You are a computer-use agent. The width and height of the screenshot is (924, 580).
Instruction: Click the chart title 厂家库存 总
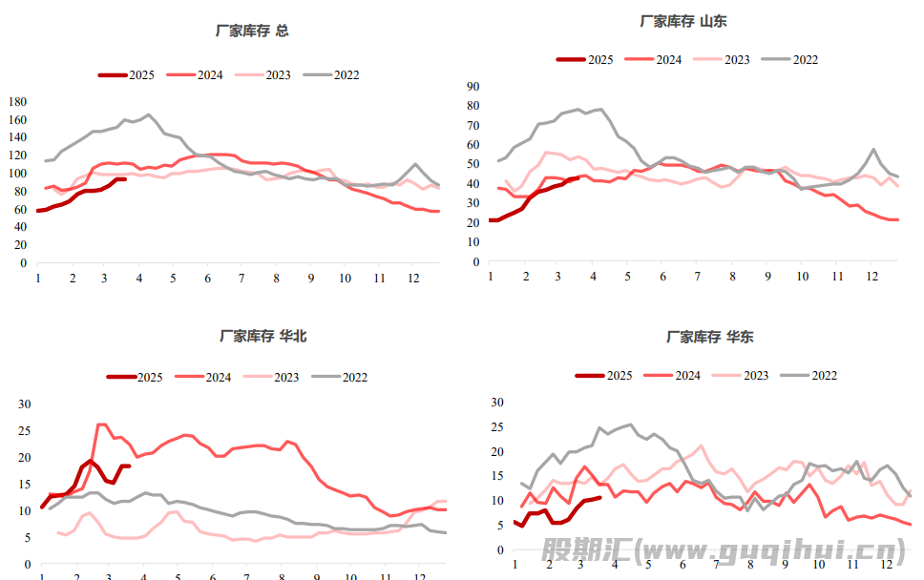click(x=252, y=31)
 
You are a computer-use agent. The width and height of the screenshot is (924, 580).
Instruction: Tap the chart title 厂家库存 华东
click(x=709, y=336)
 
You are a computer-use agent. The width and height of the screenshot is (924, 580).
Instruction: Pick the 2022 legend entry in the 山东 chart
click(x=790, y=59)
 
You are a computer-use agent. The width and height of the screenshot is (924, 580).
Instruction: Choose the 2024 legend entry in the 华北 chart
click(x=202, y=377)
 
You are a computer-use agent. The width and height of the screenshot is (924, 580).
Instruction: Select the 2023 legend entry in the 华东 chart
click(x=741, y=375)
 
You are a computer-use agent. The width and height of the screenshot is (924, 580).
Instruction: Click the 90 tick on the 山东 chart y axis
click(x=472, y=86)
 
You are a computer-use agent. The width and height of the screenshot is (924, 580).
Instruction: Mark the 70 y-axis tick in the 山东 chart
click(x=472, y=125)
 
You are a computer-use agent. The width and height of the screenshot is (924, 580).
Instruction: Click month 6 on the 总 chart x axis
click(x=207, y=278)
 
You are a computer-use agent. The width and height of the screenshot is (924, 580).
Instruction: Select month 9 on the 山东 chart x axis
click(x=766, y=276)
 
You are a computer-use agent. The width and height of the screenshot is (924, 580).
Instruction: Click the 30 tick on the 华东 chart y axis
click(x=495, y=403)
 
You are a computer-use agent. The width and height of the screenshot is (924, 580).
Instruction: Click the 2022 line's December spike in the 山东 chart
click(x=873, y=150)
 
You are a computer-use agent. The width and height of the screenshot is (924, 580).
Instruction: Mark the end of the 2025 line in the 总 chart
click(x=125, y=178)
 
